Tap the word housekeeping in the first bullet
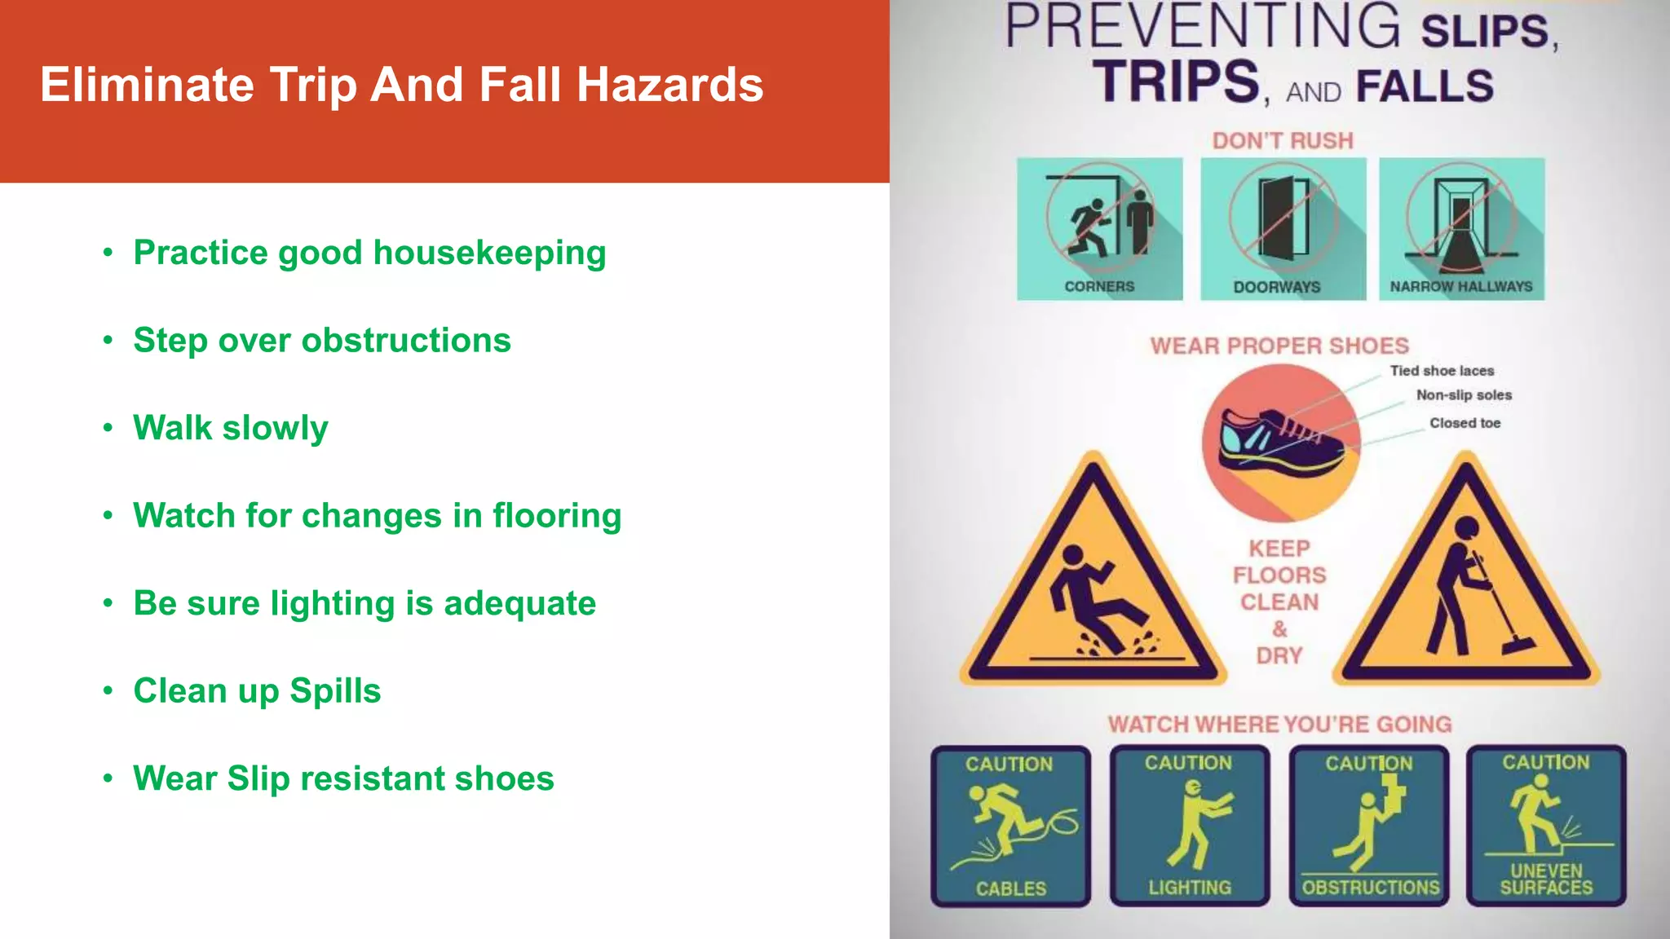(x=489, y=253)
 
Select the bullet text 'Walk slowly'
(x=231, y=428)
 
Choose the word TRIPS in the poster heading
(x=1177, y=82)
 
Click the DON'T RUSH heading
(x=1283, y=141)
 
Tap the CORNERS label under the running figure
(x=1099, y=287)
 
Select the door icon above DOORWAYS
(x=1283, y=218)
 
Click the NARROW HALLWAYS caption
(x=1461, y=287)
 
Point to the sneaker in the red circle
(x=1279, y=441)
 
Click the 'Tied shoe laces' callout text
(x=1442, y=371)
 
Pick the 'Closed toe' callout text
(x=1465, y=423)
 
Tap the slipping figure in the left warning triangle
(x=1089, y=599)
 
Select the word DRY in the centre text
(x=1279, y=656)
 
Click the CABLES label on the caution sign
(x=1011, y=888)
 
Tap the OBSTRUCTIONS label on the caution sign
(x=1371, y=888)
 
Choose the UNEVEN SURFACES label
(x=1546, y=880)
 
